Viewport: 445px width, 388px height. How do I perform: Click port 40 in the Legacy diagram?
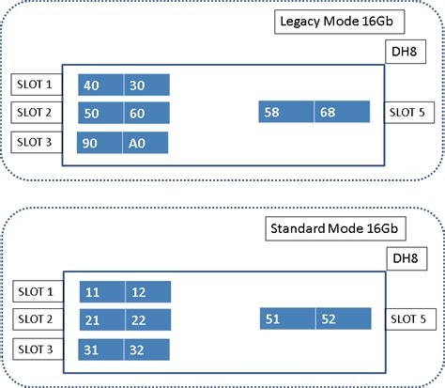pos(100,85)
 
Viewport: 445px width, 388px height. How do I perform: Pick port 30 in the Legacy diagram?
pos(146,85)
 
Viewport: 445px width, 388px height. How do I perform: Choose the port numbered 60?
pos(146,114)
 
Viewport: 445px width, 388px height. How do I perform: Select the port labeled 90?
pos(100,143)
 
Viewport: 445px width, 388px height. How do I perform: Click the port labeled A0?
pos(146,143)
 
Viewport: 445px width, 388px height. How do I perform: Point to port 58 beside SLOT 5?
pos(285,113)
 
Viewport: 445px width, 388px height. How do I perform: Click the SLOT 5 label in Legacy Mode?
pos(410,113)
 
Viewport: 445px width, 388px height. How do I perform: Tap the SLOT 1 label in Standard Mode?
pos(35,291)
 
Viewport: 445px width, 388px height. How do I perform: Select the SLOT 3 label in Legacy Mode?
pos(33,143)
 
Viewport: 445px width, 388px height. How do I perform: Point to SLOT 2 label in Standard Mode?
pos(35,320)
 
